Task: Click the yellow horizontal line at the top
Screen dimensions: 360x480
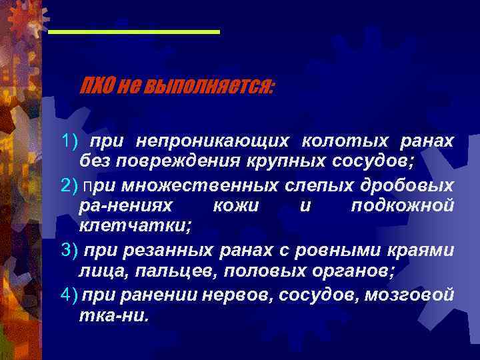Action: (134, 31)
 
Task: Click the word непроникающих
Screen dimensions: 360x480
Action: (213, 141)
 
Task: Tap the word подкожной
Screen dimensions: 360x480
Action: (403, 207)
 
